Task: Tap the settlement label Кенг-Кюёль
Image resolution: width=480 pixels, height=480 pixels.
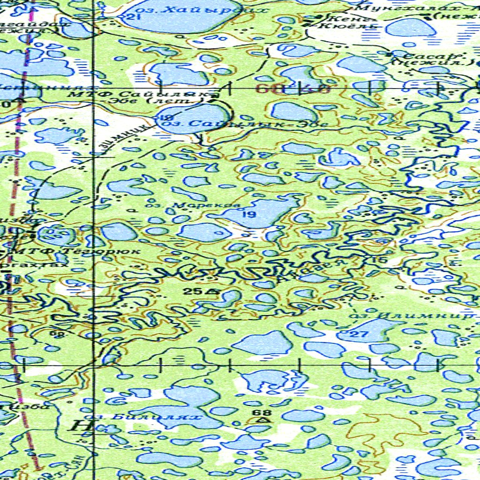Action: pyautogui.click(x=346, y=22)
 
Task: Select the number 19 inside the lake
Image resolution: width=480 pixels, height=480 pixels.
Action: pyautogui.click(x=249, y=215)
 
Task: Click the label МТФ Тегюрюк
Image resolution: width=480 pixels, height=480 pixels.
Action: pyautogui.click(x=75, y=251)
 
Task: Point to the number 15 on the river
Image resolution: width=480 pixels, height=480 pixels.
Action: pyautogui.click(x=379, y=260)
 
